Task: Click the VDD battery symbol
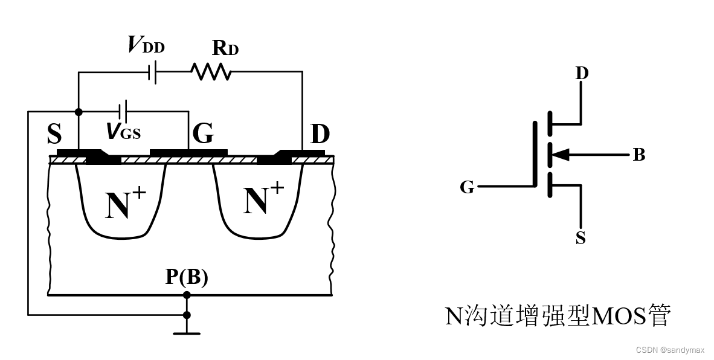[x=153, y=72]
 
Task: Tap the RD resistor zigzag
[x=211, y=72]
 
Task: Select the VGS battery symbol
[x=124, y=111]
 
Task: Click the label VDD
[x=146, y=45]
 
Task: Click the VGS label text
[x=123, y=131]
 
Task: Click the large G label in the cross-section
[x=202, y=134]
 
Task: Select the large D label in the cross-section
[x=320, y=135]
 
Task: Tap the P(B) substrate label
[x=187, y=277]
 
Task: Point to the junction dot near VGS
[x=79, y=112]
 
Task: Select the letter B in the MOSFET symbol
[x=638, y=156]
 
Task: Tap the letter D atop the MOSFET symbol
[x=582, y=74]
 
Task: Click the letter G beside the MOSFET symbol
[x=467, y=187]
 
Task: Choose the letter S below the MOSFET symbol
[x=581, y=238]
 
